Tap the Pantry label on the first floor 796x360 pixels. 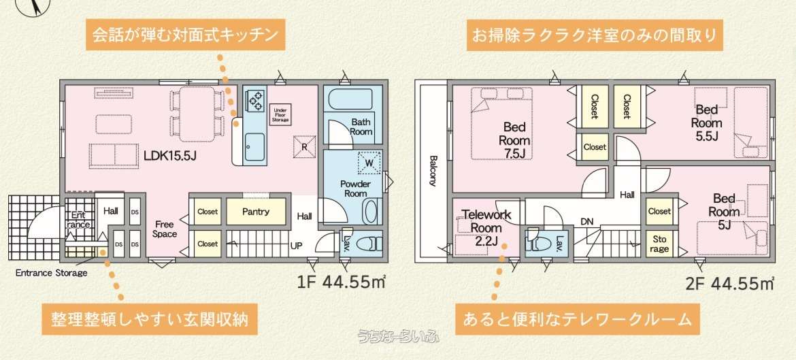256,212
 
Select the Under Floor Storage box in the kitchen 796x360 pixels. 281,115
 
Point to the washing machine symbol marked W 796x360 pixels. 369,163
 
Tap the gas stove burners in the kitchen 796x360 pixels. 255,101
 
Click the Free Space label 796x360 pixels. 165,229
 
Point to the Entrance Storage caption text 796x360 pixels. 51,273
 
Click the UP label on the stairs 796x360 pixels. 297,245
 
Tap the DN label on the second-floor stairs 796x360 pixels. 587,221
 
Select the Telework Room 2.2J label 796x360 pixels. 486,227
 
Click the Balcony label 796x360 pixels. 433,171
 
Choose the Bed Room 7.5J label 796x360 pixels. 516,140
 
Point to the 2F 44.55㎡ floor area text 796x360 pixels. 729,283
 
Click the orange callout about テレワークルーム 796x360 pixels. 576,320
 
